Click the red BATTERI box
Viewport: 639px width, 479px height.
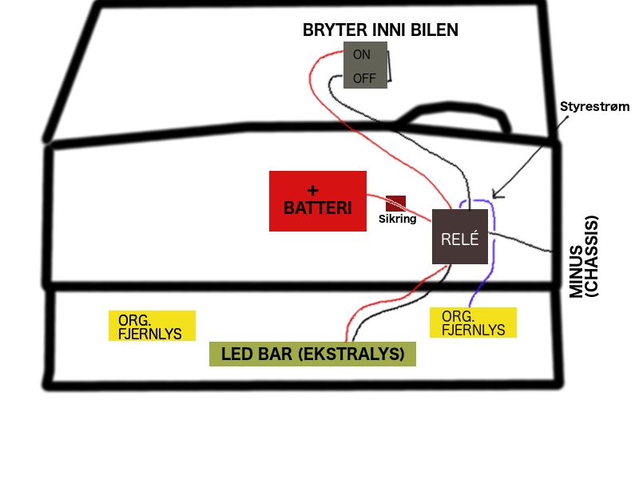click(x=317, y=201)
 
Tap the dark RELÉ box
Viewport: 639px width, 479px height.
click(x=460, y=236)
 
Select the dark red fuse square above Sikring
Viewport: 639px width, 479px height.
click(x=395, y=204)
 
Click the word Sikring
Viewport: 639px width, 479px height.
click(x=397, y=219)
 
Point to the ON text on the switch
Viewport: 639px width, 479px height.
click(x=362, y=54)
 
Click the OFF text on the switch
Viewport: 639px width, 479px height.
click(x=364, y=78)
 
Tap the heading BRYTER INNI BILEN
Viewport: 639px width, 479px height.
click(x=380, y=30)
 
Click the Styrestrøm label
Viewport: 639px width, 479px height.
click(x=594, y=106)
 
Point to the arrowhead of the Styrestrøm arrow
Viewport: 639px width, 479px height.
click(x=494, y=196)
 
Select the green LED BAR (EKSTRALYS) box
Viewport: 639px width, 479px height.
click(x=312, y=354)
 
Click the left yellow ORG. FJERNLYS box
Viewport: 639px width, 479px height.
click(x=152, y=326)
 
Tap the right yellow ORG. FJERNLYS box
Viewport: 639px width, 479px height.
click(x=473, y=323)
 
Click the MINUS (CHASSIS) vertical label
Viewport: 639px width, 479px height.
click(x=584, y=256)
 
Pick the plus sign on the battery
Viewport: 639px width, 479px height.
click(x=312, y=190)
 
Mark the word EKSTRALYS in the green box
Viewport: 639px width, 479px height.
click(x=351, y=354)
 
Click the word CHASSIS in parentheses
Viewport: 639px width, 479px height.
click(x=591, y=256)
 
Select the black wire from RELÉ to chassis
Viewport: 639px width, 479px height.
click(x=520, y=242)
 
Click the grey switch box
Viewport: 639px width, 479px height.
click(x=365, y=65)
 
